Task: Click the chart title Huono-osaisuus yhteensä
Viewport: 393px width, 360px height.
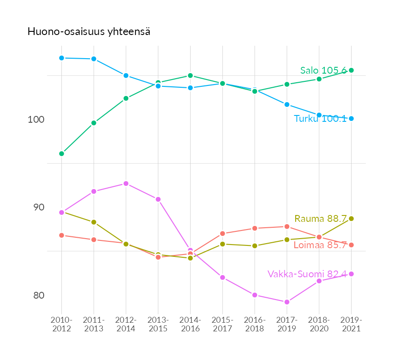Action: click(x=89, y=32)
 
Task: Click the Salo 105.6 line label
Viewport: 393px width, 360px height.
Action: click(x=323, y=70)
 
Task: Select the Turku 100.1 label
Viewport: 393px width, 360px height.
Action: click(x=320, y=119)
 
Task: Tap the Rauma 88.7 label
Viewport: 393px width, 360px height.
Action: click(x=321, y=219)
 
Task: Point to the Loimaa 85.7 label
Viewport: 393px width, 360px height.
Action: click(x=320, y=245)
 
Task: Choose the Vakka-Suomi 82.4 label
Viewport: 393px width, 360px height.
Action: click(x=307, y=274)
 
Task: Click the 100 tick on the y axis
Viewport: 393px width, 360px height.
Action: click(x=36, y=120)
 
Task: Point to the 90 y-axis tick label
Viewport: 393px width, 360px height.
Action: click(x=36, y=207)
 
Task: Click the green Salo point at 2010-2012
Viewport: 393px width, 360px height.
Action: click(x=61, y=154)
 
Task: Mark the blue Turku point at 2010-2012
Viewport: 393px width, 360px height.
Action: click(x=61, y=58)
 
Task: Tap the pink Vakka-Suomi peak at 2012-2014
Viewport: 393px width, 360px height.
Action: click(x=126, y=184)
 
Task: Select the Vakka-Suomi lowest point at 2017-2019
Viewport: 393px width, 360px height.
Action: click(x=287, y=302)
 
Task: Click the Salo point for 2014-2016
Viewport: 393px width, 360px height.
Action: click(x=190, y=75)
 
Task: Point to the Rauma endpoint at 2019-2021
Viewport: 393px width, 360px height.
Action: click(x=351, y=219)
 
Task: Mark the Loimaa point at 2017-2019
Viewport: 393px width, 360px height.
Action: click(x=287, y=226)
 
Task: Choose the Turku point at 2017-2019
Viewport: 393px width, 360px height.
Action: click(x=287, y=105)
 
